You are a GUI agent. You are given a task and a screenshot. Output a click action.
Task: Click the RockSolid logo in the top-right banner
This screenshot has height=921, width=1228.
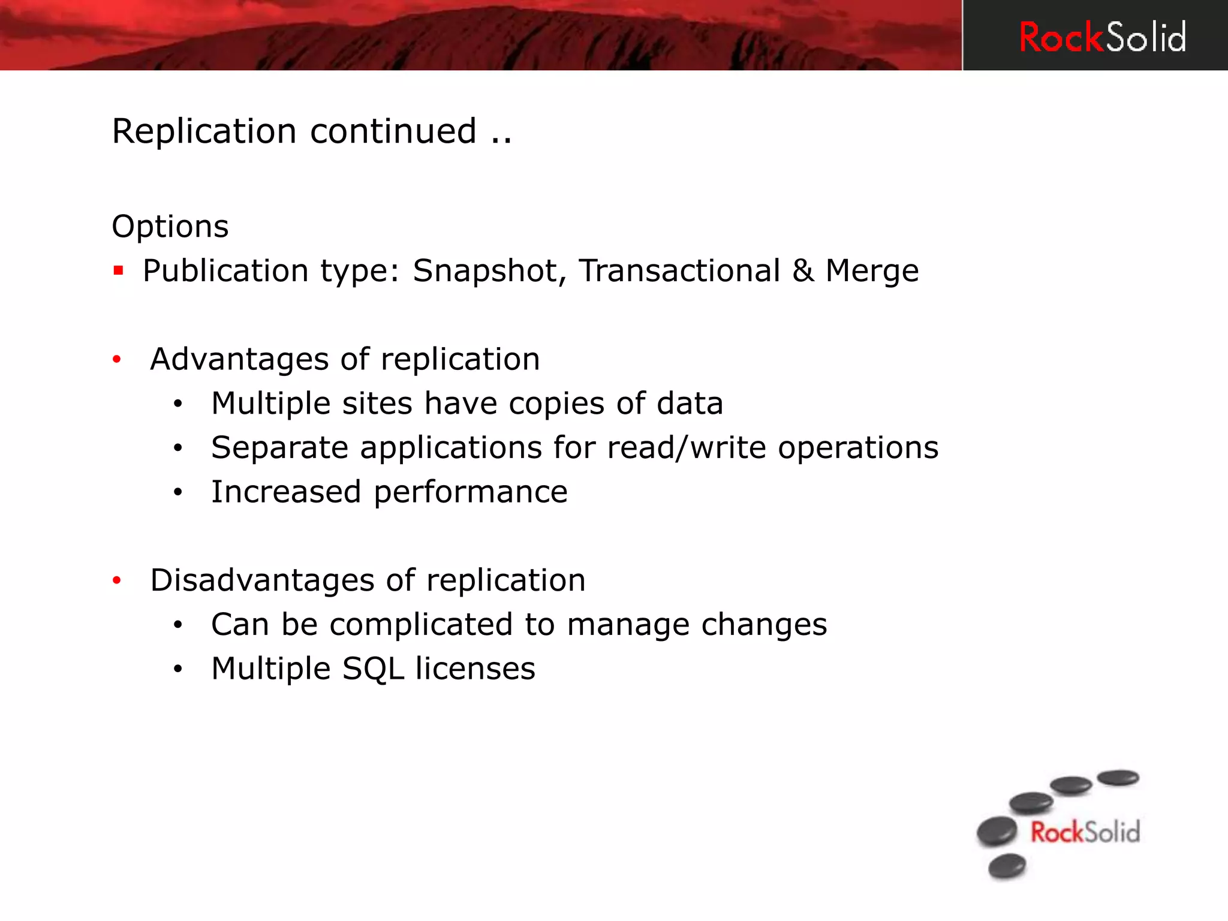coord(1102,37)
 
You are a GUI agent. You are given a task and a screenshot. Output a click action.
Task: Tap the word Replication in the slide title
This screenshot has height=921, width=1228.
coord(204,131)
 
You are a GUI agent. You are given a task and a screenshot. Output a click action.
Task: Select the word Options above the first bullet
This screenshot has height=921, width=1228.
coord(170,227)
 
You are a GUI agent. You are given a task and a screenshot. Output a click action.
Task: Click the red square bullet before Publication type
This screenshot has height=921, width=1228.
coord(119,270)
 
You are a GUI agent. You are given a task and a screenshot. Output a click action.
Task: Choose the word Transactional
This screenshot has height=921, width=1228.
coord(679,270)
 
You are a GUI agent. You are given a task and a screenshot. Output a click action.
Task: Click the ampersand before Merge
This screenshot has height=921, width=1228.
coord(802,270)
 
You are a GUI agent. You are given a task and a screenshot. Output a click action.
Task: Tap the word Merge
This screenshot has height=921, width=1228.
coord(871,271)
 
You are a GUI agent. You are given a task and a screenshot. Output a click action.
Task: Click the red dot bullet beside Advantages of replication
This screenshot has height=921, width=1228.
coord(117,360)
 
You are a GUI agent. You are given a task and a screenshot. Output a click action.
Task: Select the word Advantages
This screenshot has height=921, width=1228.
coord(239,359)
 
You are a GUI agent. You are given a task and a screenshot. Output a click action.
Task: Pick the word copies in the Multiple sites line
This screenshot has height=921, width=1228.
coord(556,404)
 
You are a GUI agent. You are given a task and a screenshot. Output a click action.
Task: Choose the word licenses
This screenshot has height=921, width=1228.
coord(475,669)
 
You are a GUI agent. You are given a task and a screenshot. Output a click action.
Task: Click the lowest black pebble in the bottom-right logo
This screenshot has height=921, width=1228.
coord(1007,866)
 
